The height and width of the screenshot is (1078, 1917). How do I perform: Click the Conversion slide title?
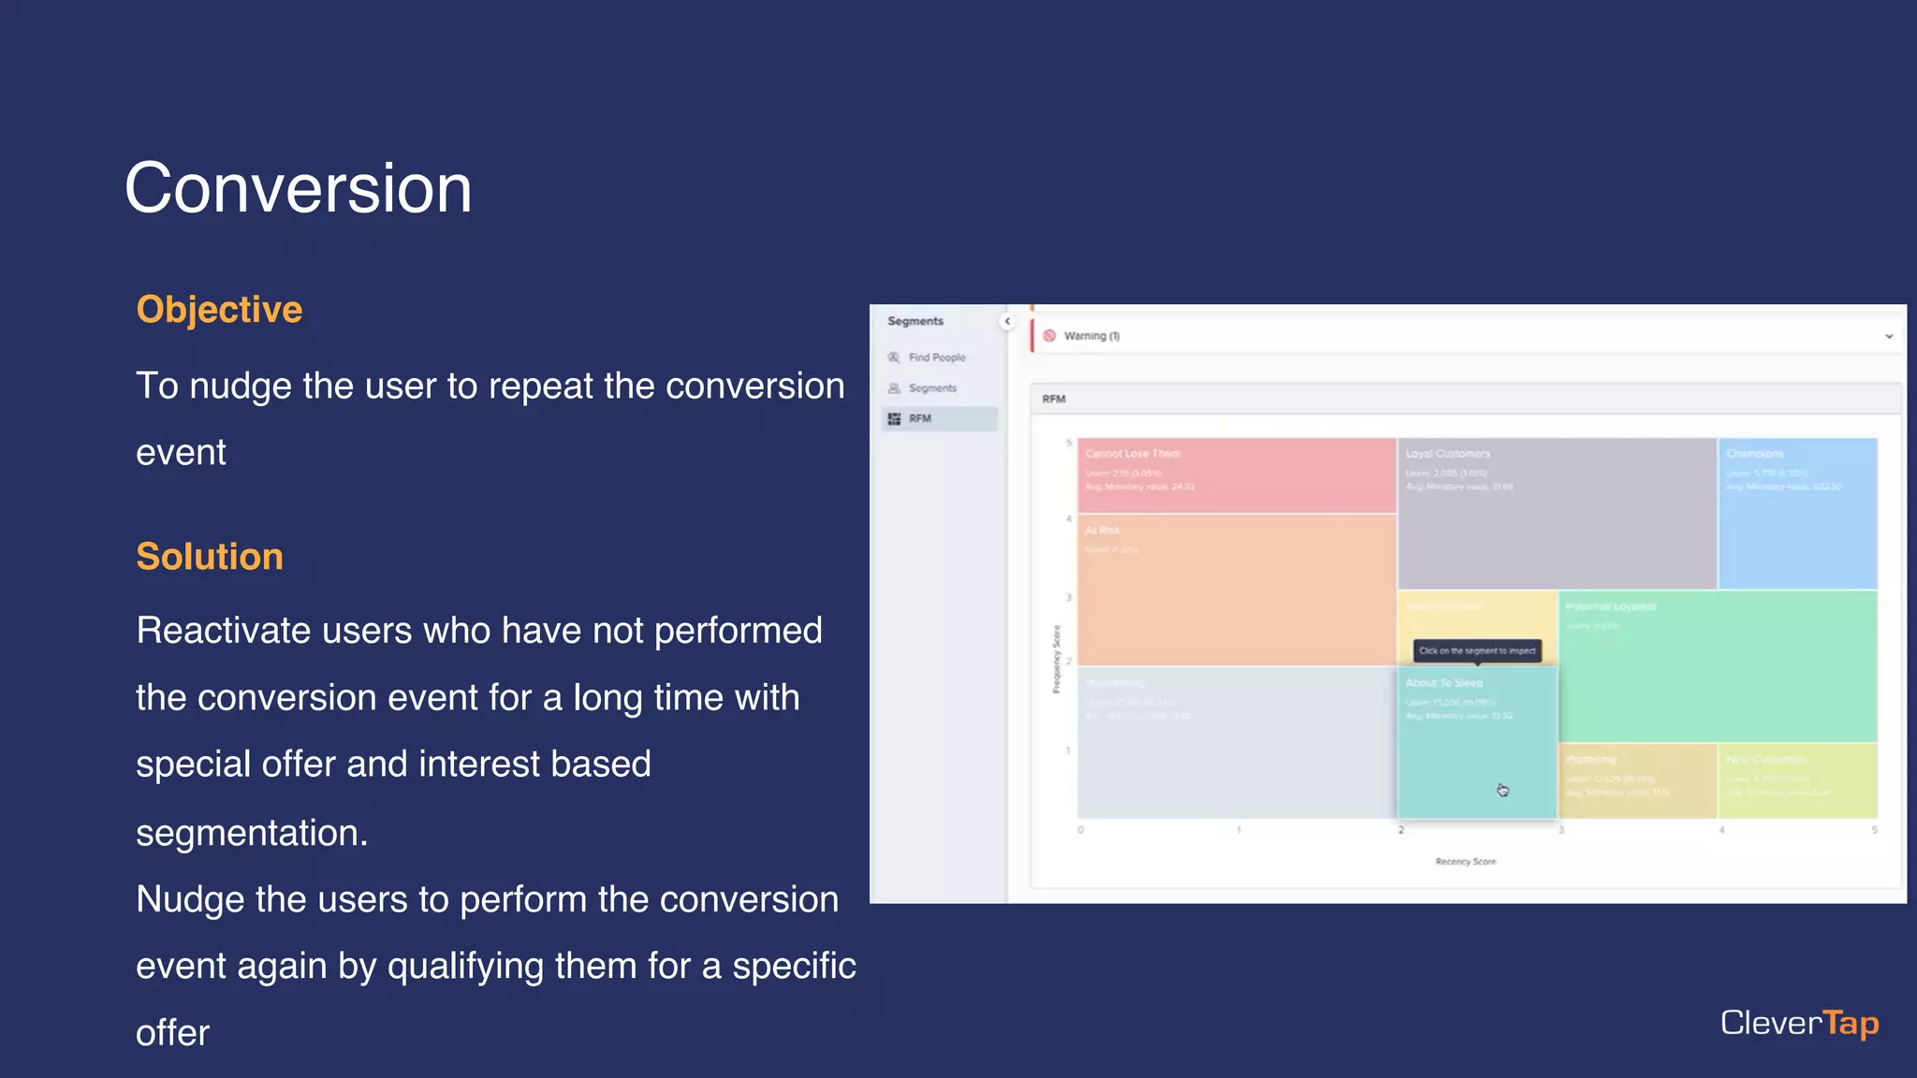[298, 188]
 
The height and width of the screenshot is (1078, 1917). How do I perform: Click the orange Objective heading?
[219, 310]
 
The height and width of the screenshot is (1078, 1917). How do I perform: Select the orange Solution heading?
[210, 557]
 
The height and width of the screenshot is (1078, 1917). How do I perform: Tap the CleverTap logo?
[1799, 1023]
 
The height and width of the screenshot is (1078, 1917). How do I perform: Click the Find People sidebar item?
[936, 357]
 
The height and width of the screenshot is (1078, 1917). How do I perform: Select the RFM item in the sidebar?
[920, 418]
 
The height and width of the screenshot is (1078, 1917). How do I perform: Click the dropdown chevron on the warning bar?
[1889, 336]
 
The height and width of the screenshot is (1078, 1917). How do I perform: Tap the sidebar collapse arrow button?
[1007, 321]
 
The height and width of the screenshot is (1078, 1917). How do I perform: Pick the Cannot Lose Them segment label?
[1133, 454]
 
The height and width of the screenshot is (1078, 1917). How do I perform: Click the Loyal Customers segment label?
[1447, 454]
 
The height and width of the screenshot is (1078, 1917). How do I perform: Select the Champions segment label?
[1755, 454]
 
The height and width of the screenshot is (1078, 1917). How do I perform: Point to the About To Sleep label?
[1444, 683]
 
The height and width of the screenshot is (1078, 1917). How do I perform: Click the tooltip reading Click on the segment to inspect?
[1477, 650]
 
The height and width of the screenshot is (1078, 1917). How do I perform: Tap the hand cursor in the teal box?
[1502, 791]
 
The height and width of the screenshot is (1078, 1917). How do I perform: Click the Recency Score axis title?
[1466, 861]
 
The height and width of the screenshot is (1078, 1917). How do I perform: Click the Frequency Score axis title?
[1057, 660]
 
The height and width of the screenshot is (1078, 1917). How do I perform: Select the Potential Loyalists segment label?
[1611, 606]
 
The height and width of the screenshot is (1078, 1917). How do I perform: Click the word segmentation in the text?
[251, 833]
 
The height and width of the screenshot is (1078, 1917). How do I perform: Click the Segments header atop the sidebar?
[915, 321]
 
